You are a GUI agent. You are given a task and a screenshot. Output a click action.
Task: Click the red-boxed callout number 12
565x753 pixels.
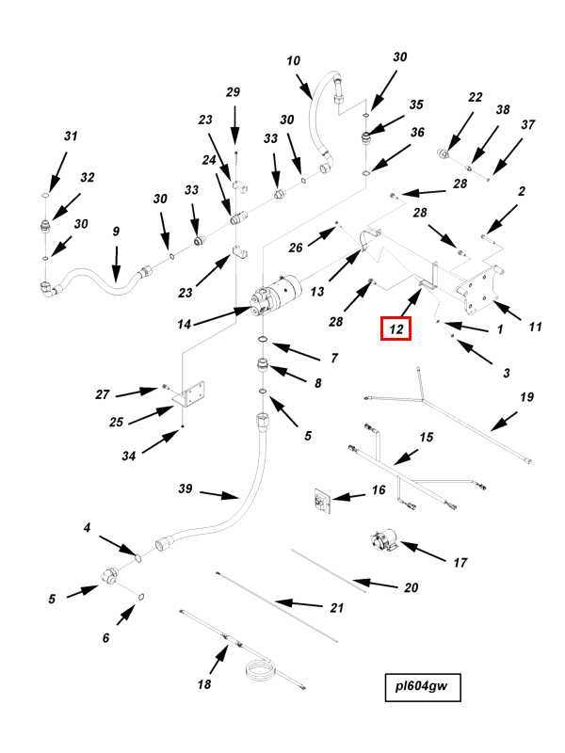[x=396, y=328]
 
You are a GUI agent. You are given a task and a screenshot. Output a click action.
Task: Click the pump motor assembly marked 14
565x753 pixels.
[x=277, y=294]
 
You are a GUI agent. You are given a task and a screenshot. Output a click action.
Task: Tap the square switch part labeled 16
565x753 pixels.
[x=323, y=502]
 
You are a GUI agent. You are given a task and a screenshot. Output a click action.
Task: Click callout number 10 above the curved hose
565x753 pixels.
[x=293, y=61]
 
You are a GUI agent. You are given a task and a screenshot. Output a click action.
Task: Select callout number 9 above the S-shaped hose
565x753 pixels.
[x=116, y=232]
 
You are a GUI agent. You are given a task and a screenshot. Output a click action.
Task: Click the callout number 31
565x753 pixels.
[x=70, y=136]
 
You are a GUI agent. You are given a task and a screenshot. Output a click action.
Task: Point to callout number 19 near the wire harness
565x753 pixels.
[x=525, y=396]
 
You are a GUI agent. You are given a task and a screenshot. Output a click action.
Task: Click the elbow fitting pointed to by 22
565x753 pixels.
[x=443, y=152]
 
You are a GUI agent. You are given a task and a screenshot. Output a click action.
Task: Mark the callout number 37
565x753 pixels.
[x=527, y=124]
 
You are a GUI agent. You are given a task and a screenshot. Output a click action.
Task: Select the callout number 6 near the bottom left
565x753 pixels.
[x=105, y=637]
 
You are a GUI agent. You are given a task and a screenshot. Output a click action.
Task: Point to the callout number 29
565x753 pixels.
[x=234, y=91]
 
